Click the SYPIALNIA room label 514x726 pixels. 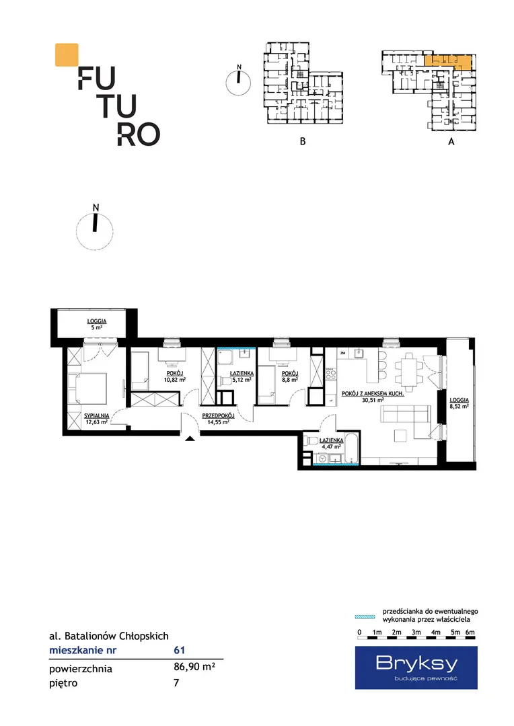96,416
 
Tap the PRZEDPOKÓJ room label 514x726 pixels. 218,416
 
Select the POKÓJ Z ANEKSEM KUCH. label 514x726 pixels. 373,393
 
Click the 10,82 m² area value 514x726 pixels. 175,380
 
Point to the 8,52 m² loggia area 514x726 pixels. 459,407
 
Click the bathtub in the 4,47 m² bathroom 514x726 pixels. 351,448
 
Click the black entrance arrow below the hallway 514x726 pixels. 190,438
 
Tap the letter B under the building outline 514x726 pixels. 303,141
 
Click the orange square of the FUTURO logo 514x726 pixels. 67,54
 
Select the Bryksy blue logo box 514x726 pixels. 416,668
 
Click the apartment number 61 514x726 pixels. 180,650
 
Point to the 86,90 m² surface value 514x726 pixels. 194,668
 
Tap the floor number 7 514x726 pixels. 176,682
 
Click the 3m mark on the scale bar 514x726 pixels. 416,632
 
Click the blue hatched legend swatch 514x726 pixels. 365,616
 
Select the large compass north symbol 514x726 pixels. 95,227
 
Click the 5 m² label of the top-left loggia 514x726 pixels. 96,327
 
